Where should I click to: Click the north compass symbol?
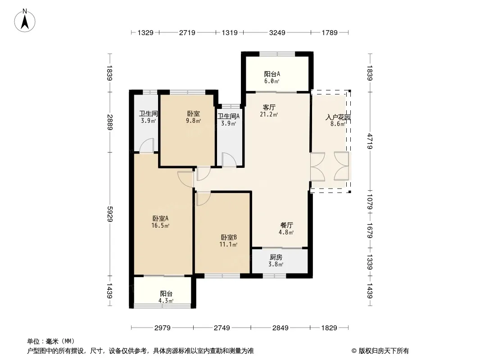click(x=25, y=20)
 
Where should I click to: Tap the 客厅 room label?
click(x=269, y=107)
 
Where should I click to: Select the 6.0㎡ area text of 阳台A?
click(x=272, y=81)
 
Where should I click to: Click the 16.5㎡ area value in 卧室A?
click(x=161, y=226)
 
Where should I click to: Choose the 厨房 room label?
click(x=276, y=257)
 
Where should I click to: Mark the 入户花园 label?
click(x=338, y=117)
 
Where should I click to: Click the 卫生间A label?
click(x=229, y=117)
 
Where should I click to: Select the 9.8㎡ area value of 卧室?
click(x=194, y=121)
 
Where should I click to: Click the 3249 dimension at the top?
click(x=276, y=32)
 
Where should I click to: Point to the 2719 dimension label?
click(x=187, y=32)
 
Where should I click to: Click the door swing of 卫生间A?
click(x=228, y=160)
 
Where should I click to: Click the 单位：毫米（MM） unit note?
click(x=50, y=341)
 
